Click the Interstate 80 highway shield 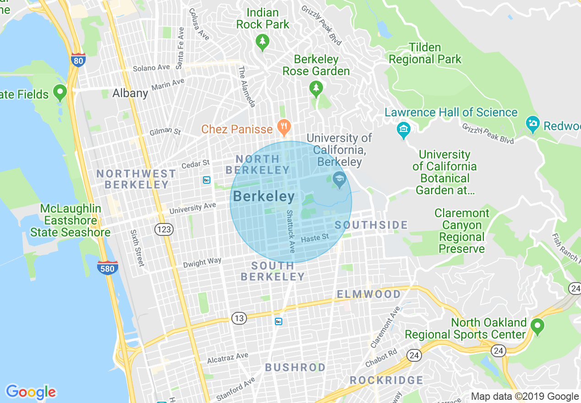[78, 60]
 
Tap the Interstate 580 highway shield [107, 268]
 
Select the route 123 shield [164, 229]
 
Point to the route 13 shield [239, 318]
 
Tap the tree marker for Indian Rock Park [263, 42]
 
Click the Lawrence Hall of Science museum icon [404, 130]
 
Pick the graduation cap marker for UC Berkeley [339, 180]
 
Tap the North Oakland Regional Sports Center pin [537, 326]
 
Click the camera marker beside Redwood [532, 124]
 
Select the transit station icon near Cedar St [207, 180]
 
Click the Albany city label [131, 93]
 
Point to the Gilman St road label [165, 132]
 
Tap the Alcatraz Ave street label [228, 358]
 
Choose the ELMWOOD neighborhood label [369, 294]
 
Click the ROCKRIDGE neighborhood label [387, 380]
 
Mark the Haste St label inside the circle [315, 238]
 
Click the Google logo [31, 392]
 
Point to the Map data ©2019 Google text [525, 397]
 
